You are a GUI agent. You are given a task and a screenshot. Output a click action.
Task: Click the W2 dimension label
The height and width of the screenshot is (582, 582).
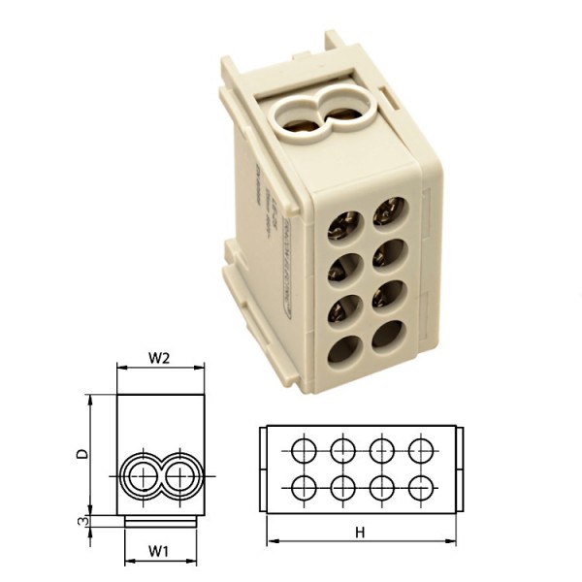click(x=160, y=357)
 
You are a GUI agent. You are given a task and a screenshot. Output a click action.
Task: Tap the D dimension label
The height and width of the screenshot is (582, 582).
click(x=83, y=452)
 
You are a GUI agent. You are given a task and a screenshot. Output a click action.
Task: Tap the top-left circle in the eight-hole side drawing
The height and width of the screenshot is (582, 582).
click(x=303, y=449)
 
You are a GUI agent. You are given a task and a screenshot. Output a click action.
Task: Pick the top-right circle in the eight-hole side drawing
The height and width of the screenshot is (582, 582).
click(x=421, y=449)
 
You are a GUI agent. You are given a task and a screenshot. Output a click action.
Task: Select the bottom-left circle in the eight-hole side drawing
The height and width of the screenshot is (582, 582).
click(x=303, y=486)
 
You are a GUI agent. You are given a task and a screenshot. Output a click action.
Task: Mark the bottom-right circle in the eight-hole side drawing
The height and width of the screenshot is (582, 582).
click(x=421, y=486)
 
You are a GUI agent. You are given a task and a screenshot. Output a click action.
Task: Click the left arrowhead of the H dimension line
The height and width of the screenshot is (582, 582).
click(x=271, y=540)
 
